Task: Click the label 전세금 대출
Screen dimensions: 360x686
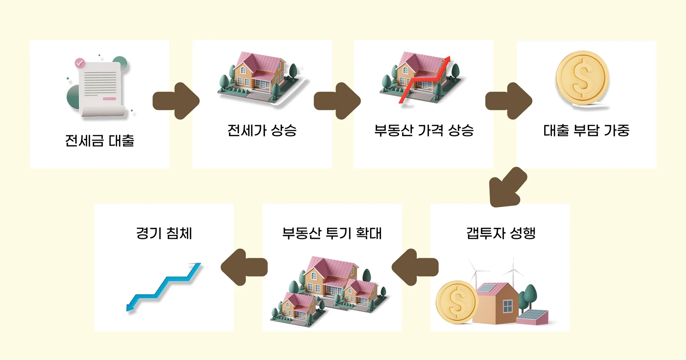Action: click(x=99, y=141)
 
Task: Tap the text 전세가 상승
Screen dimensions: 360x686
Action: click(x=262, y=130)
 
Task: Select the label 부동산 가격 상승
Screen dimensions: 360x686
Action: click(x=424, y=130)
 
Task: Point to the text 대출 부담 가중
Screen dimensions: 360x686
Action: click(x=586, y=130)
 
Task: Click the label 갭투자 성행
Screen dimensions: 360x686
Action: click(x=501, y=233)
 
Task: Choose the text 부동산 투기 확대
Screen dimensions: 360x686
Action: click(x=332, y=233)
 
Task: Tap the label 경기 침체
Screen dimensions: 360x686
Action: click(x=164, y=233)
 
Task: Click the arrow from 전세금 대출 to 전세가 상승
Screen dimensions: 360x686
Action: click(x=176, y=101)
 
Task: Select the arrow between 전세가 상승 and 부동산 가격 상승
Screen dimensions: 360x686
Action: click(x=337, y=101)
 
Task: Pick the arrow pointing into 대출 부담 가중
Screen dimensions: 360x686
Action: click(x=508, y=101)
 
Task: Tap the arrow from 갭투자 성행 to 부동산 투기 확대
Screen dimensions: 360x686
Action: click(x=415, y=267)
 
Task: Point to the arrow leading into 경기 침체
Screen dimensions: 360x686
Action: click(x=244, y=267)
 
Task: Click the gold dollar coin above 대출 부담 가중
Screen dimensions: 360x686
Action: click(x=582, y=78)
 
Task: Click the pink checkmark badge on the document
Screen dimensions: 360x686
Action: click(x=80, y=63)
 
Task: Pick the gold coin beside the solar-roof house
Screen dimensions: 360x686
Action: click(x=456, y=302)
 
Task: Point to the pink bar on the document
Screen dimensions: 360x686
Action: click(x=109, y=99)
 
